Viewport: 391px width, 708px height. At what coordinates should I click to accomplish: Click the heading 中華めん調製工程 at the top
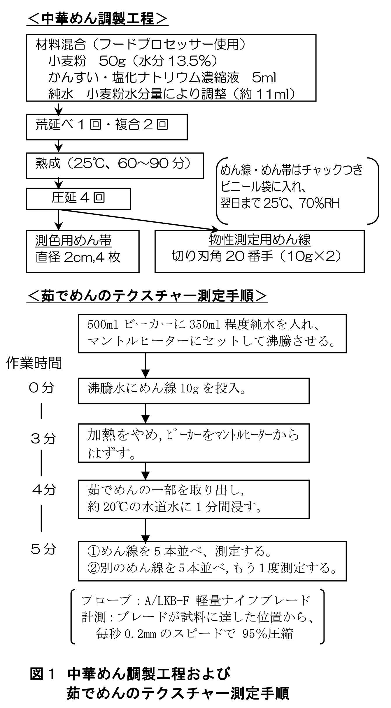point(97,19)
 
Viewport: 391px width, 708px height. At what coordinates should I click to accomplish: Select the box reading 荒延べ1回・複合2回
point(106,127)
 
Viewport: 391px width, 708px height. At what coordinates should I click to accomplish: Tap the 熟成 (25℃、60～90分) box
point(115,166)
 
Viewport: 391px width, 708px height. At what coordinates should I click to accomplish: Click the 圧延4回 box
point(78,198)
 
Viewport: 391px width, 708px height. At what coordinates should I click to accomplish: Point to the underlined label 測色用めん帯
point(73,241)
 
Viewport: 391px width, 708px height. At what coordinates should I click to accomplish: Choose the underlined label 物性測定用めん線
point(260,240)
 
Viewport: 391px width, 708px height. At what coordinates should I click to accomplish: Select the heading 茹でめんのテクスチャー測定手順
point(147,296)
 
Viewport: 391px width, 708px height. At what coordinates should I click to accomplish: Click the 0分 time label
point(41,388)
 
